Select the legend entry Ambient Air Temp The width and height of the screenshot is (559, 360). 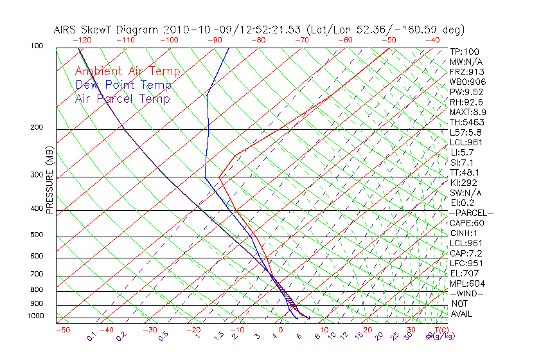click(x=127, y=72)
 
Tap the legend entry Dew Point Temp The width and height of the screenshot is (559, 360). click(x=123, y=85)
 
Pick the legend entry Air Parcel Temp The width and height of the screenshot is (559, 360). click(x=122, y=98)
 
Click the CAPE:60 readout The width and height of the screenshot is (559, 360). click(x=466, y=223)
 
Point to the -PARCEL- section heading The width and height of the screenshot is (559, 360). click(x=471, y=213)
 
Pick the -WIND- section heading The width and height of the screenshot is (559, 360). click(x=466, y=293)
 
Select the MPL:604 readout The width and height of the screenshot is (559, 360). click(x=467, y=283)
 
